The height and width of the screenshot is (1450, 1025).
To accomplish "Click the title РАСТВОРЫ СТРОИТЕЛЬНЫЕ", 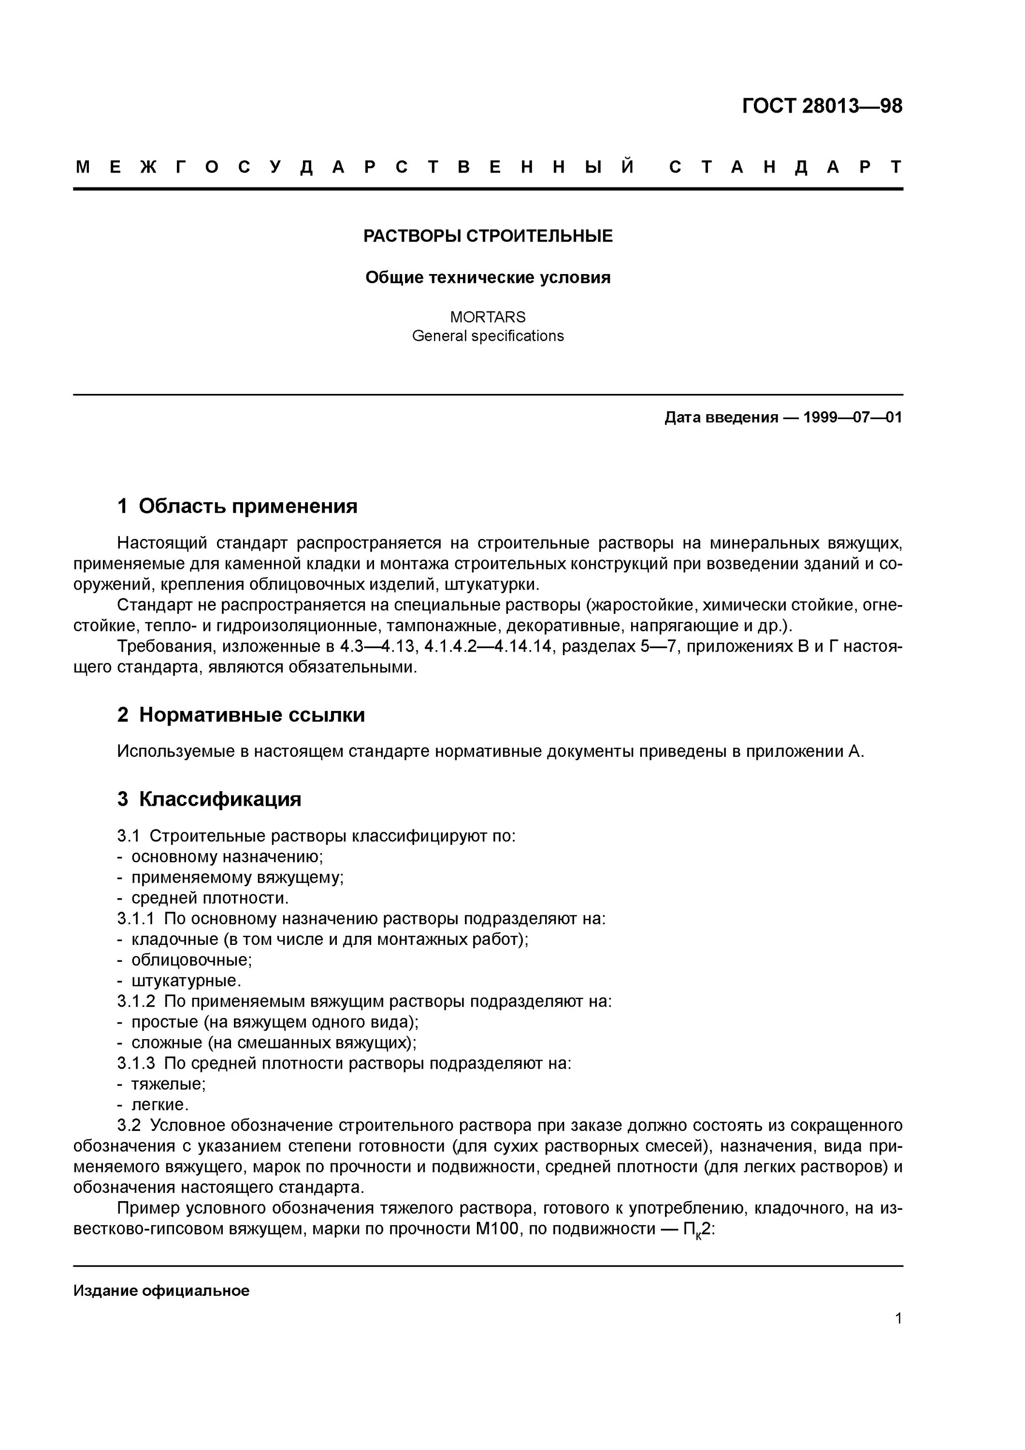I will (x=488, y=236).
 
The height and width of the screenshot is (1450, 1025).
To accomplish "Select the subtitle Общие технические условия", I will (x=488, y=278).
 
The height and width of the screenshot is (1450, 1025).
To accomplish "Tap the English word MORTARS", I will (x=488, y=317).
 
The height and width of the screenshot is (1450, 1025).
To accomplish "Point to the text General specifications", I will (x=488, y=336).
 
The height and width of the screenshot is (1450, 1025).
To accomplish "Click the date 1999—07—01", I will (x=852, y=418).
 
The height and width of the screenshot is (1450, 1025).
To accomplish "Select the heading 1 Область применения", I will (x=237, y=506).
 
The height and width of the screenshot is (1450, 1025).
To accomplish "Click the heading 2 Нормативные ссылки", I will (x=241, y=715).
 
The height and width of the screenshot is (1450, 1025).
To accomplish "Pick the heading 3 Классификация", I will (x=209, y=799).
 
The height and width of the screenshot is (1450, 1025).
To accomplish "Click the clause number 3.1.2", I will (x=136, y=1001).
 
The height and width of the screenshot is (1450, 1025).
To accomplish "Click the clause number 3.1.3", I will (x=136, y=1063).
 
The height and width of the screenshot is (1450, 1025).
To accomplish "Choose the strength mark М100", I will (x=496, y=1229).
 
